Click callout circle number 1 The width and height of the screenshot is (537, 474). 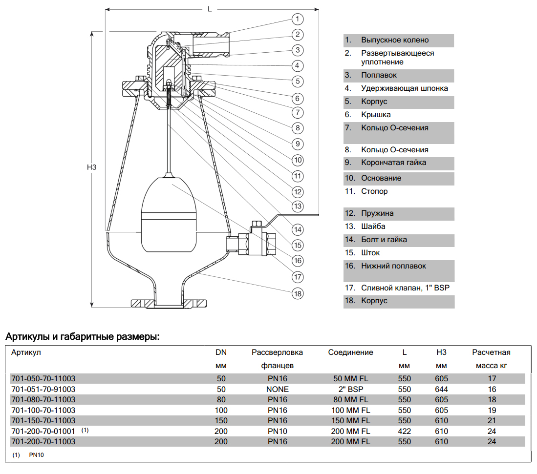pos(298,19)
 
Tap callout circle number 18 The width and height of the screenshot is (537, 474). pos(298,293)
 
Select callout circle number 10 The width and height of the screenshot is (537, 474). pos(298,160)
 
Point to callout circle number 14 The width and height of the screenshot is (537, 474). pos(298,229)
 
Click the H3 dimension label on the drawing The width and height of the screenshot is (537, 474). pos(92,167)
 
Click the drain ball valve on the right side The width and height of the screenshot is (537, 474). pos(255,242)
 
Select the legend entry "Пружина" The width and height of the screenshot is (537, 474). pos(377,213)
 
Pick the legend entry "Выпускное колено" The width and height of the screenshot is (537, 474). pos(395,40)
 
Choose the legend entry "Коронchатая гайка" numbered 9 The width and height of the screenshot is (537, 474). pos(393,163)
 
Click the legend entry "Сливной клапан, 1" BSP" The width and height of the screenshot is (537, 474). pos(405,288)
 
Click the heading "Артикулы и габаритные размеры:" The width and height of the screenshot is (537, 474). pos(82,337)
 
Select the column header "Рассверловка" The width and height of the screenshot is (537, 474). pos(277,352)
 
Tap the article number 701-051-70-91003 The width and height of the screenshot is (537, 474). pos(43,390)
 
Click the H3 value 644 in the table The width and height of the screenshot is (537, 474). pos(441,390)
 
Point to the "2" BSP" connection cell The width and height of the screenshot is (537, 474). pos(350,390)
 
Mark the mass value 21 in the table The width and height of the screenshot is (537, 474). pos(492,421)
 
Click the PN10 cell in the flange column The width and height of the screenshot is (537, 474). pos(277,431)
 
